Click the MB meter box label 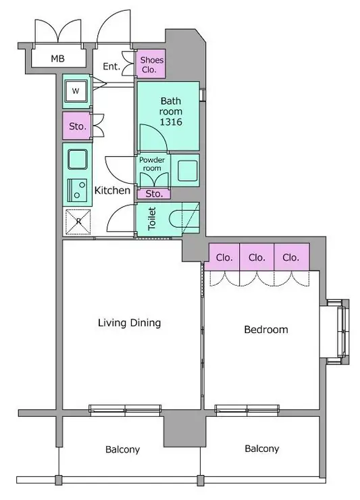point(57,59)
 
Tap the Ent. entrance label point(111,66)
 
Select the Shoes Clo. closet point(151,64)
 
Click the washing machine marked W point(76,91)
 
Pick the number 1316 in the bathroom point(171,122)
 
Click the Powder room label point(152,164)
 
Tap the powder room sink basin point(188,170)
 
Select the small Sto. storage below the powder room point(154,193)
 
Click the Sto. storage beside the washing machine point(77,126)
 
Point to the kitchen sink point(78,159)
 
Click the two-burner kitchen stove point(77,190)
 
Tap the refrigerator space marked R point(78,222)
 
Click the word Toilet point(152,218)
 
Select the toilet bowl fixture point(184,218)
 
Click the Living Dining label point(129,323)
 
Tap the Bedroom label point(266,330)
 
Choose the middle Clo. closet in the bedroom point(257,257)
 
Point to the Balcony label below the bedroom point(262,449)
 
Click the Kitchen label point(112,191)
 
